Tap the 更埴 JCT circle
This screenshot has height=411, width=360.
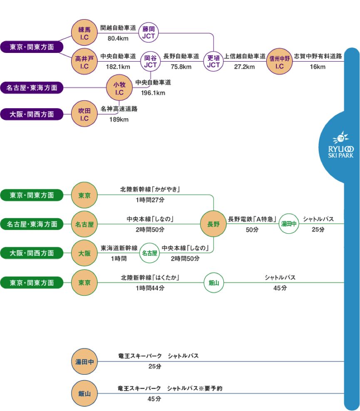click(213, 61)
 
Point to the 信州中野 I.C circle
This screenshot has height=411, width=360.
click(279, 61)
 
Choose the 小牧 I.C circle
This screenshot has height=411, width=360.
click(119, 88)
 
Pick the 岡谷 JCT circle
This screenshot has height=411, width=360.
click(150, 61)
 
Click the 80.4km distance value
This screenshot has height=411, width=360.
click(118, 38)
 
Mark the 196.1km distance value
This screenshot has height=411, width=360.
click(153, 93)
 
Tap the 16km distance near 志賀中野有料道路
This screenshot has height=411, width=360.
click(318, 67)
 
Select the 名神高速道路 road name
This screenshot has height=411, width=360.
click(119, 109)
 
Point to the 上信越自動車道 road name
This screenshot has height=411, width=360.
click(245, 56)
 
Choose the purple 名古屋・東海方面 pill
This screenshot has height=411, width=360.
click(32, 88)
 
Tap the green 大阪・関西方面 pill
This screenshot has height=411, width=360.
click(32, 253)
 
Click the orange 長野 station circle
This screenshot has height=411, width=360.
click(213, 224)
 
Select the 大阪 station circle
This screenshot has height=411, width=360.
click(84, 253)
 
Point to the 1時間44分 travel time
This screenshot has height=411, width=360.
click(150, 288)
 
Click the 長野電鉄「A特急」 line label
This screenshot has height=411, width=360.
click(250, 219)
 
